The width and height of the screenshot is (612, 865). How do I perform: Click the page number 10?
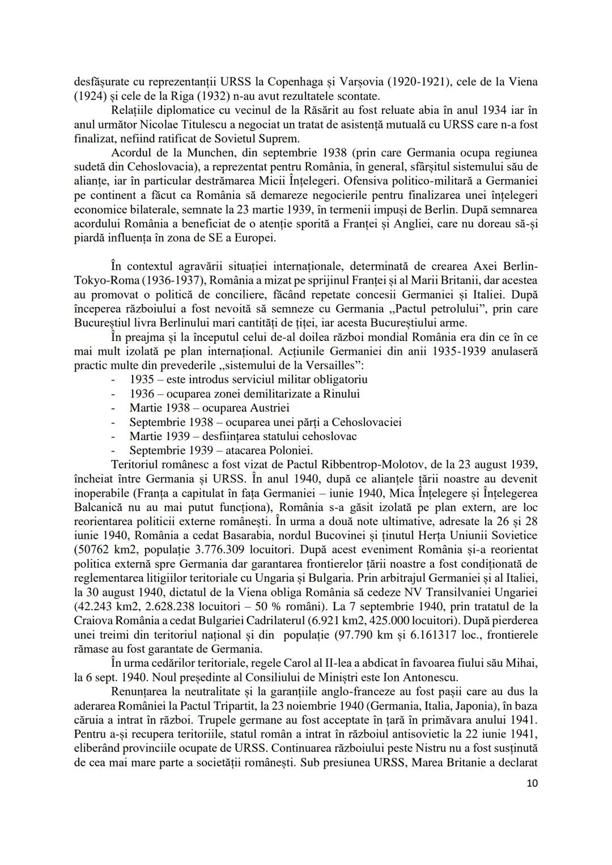point(532,783)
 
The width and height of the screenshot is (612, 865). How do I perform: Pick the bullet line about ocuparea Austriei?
point(209,408)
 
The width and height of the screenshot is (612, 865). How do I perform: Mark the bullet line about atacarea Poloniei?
point(221,451)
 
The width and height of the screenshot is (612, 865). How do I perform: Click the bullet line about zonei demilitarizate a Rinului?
point(244,394)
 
